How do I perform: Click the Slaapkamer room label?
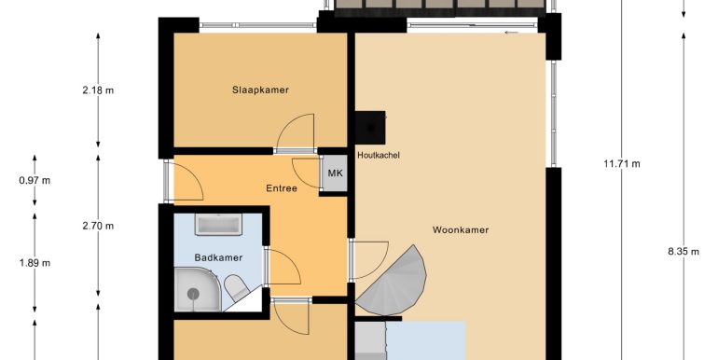tap(260, 90)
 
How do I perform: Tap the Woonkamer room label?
tap(461, 230)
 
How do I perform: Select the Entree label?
tap(282, 188)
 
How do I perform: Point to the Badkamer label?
tap(218, 257)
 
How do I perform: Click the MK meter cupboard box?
tap(335, 173)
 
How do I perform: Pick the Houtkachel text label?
tap(379, 155)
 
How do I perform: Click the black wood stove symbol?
tap(370, 127)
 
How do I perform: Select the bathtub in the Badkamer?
tap(218, 225)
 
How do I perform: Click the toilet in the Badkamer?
tap(236, 287)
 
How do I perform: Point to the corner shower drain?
tap(193, 294)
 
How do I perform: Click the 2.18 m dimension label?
tap(98, 90)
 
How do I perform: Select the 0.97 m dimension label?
tap(35, 180)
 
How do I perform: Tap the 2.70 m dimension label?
tap(98, 226)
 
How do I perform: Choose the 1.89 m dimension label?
tap(35, 263)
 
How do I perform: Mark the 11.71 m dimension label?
tap(622, 163)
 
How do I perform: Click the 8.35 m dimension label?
tap(683, 252)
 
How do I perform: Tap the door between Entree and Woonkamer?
tap(369, 260)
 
